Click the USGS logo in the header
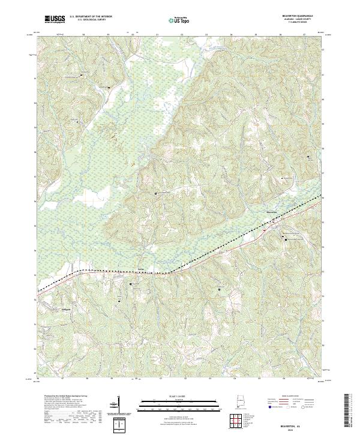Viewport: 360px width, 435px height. [x=55, y=20]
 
